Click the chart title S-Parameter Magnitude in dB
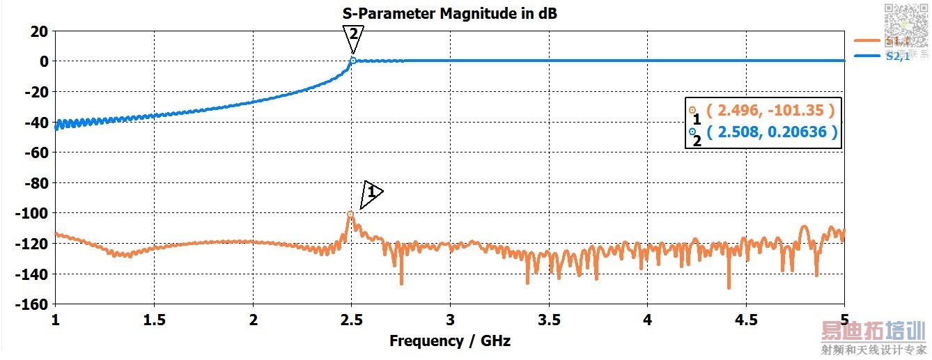click(x=449, y=13)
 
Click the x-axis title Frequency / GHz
click(x=449, y=341)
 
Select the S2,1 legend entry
click(x=898, y=56)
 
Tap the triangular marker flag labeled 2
click(x=353, y=36)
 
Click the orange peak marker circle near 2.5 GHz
click(x=350, y=214)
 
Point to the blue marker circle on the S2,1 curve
click(x=353, y=61)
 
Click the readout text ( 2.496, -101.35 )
click(x=770, y=110)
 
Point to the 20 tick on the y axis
click(x=39, y=31)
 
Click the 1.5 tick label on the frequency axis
click(x=154, y=321)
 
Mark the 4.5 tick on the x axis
click(x=746, y=321)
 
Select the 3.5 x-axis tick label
click(x=549, y=321)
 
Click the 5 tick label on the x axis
click(x=844, y=321)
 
